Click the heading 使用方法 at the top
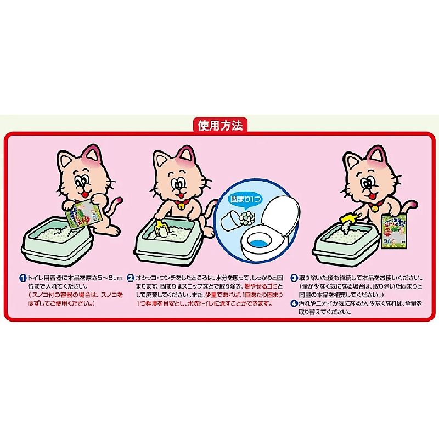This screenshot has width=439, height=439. point(219,125)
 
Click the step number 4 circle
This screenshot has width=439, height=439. point(294,303)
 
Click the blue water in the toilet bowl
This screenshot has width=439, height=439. point(258,243)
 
